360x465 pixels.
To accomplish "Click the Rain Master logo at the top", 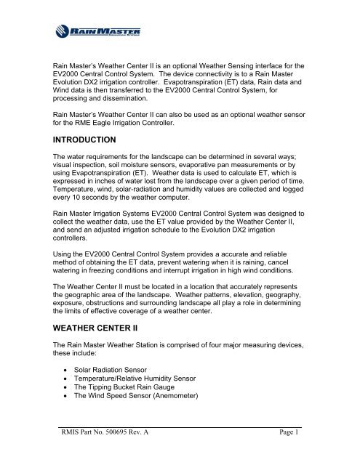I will [x=98, y=32].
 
